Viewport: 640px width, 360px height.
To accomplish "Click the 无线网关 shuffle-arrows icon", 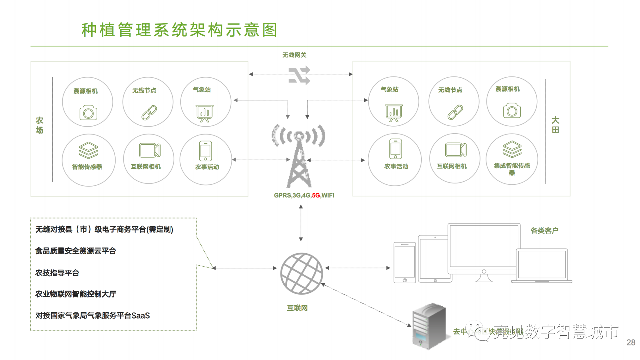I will [x=299, y=75].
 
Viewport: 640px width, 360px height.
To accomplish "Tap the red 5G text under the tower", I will [x=316, y=195].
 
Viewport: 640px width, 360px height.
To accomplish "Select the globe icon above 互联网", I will [x=301, y=273].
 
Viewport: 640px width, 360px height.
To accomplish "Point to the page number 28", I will [x=631, y=342].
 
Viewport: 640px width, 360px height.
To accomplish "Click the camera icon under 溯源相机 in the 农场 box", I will [x=88, y=113].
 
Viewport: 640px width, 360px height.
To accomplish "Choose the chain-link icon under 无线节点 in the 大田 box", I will [x=455, y=112].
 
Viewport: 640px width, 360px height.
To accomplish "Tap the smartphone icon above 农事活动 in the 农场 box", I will [x=205, y=151].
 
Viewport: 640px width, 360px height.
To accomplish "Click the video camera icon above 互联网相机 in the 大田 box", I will [x=456, y=150].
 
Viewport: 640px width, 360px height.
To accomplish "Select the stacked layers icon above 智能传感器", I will [x=88, y=150].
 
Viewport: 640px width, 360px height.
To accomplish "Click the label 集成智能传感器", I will [x=512, y=169].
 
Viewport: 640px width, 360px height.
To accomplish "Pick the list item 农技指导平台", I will [x=57, y=273].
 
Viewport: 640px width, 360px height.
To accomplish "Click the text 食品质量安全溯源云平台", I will [x=75, y=251].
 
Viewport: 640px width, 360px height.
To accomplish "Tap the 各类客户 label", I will [x=544, y=231].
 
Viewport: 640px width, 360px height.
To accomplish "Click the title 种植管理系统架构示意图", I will [x=179, y=30].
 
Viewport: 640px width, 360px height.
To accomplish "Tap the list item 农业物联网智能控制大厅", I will [x=76, y=294].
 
